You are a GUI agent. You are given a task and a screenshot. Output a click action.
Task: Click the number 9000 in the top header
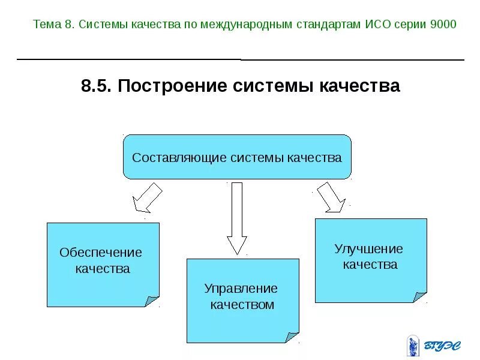[x=443, y=25]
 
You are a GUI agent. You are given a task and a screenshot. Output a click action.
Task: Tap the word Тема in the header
[x=47, y=25]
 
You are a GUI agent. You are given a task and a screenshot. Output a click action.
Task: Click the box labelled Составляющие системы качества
[x=237, y=157]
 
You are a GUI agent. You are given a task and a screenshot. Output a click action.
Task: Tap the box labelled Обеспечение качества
[x=103, y=265]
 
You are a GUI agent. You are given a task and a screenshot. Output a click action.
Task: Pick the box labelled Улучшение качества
[x=370, y=260]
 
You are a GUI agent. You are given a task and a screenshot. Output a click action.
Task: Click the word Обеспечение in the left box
[x=101, y=253]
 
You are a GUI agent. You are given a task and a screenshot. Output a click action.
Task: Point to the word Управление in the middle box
[x=241, y=289]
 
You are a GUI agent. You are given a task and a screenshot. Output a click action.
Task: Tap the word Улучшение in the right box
[x=369, y=248]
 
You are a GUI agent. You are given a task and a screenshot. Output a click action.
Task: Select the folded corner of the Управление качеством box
[x=292, y=337]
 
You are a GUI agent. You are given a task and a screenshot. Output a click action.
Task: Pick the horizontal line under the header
[x=240, y=59]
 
